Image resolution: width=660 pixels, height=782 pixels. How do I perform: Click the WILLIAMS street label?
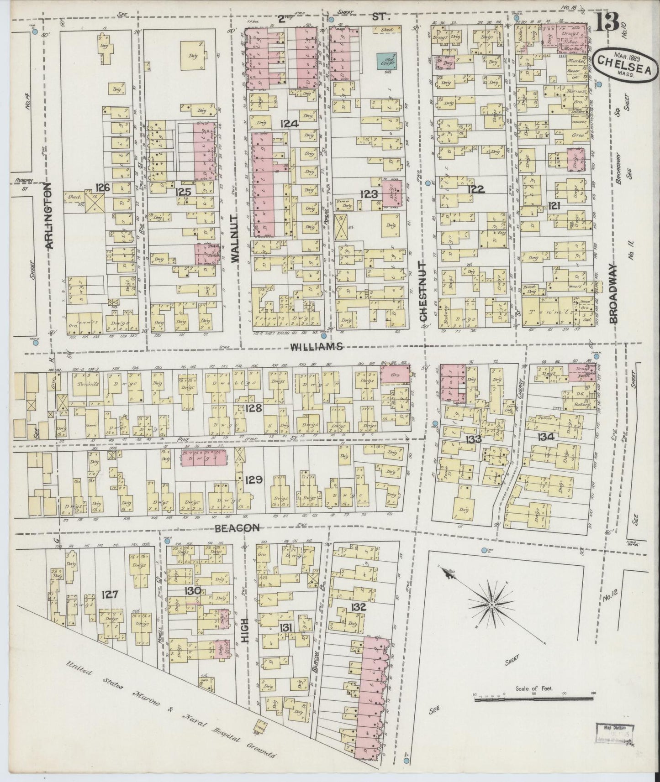tap(316, 347)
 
